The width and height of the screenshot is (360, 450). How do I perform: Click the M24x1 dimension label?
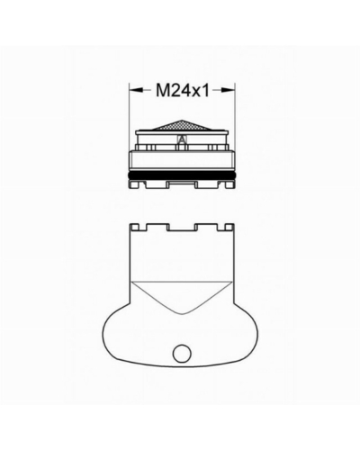[182, 90]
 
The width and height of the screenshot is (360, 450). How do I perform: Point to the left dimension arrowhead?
[136, 90]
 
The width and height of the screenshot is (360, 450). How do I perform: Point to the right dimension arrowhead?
[228, 90]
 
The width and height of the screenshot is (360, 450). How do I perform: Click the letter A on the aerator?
[182, 139]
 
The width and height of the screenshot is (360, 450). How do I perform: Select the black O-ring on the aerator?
[182, 176]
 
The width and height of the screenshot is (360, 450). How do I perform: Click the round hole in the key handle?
[182, 353]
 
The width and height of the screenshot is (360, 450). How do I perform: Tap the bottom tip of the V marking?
[183, 314]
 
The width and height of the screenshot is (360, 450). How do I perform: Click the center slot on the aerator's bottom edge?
[182, 184]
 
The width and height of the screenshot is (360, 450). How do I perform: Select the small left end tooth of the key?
[134, 227]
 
